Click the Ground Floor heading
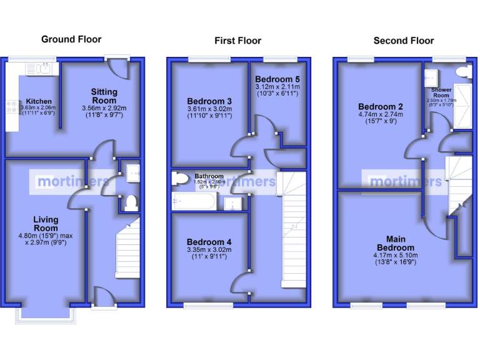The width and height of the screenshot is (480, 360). [x=71, y=39]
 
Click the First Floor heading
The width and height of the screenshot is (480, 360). [x=237, y=41]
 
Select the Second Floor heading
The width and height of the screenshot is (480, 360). [x=403, y=41]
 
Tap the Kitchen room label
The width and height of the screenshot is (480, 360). [x=39, y=101]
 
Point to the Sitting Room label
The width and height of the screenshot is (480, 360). [x=104, y=96]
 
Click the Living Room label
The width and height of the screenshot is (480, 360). [x=46, y=224]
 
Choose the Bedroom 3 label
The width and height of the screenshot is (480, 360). [x=209, y=101]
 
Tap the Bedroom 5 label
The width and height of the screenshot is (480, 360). [x=277, y=79]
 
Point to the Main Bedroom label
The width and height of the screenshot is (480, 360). [x=395, y=243]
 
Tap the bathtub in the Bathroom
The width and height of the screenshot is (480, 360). [x=194, y=201]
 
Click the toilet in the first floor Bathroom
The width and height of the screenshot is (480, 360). [x=180, y=179]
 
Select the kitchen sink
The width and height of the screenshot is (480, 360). [x=43, y=68]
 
